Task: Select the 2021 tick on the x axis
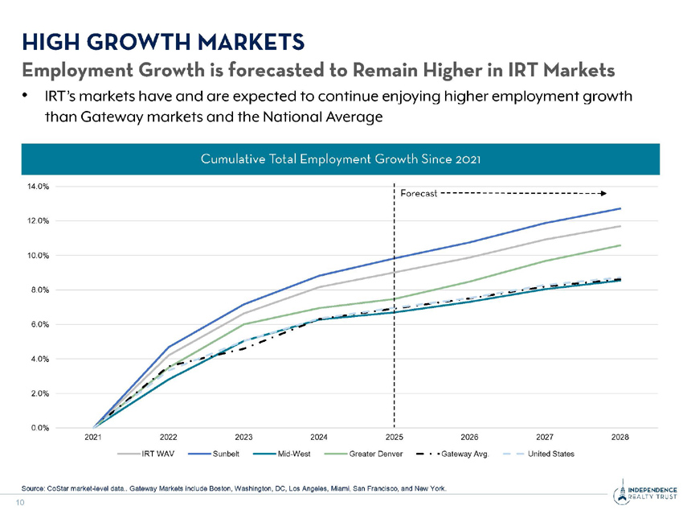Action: click(x=94, y=438)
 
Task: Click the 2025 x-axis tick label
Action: click(x=394, y=438)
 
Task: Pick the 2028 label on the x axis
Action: click(x=620, y=438)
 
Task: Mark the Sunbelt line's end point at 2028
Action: click(x=620, y=208)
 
